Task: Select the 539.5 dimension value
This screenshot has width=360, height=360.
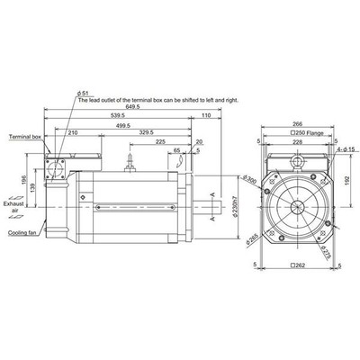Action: tap(116, 117)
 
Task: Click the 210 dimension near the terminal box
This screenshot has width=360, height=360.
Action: tap(71, 133)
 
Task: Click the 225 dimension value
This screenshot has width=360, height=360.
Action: tap(160, 141)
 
